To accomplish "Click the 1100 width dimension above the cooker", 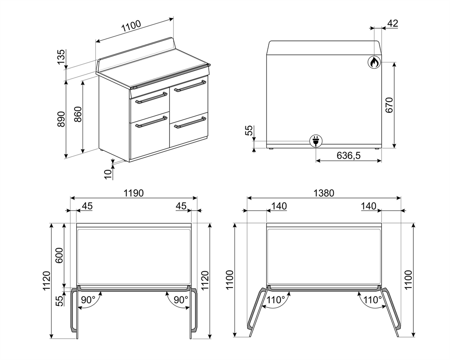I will coord(131,26).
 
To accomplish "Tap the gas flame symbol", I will coord(374,62).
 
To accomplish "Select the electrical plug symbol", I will coord(315,142).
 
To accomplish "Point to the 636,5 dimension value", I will coord(348,156).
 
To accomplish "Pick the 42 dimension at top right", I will coord(392,23).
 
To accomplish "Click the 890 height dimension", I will coord(61,120).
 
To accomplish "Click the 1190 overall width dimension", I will coord(133,193).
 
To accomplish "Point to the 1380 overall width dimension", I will coord(323,193).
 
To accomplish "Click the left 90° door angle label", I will coord(88,300).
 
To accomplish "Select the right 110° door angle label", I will coord(372,300).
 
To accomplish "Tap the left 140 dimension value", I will coord(279,206).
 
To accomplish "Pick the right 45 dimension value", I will coord(181,206).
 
